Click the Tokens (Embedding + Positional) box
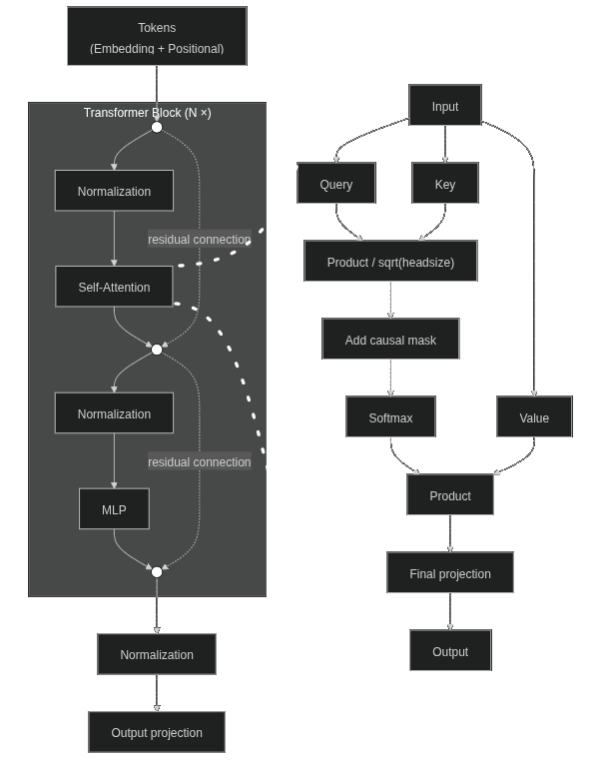coord(157,36)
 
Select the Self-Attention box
coord(114,287)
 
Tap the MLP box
coord(114,509)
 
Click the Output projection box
coord(157,732)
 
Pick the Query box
coord(336,184)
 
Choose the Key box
coord(445,184)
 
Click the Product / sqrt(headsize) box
coord(390,262)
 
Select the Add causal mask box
coord(390,340)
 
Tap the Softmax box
coord(390,417)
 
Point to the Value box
coord(534,417)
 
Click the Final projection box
coord(450,573)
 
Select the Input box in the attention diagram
coord(445,106)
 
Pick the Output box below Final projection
coord(450,651)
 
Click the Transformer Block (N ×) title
coord(147,113)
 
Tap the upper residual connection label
coord(200,240)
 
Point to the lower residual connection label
coord(200,462)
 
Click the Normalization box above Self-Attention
coord(114,191)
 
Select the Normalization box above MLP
coord(114,413)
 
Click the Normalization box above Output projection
coord(157,654)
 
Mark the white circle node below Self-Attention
coord(157,350)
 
